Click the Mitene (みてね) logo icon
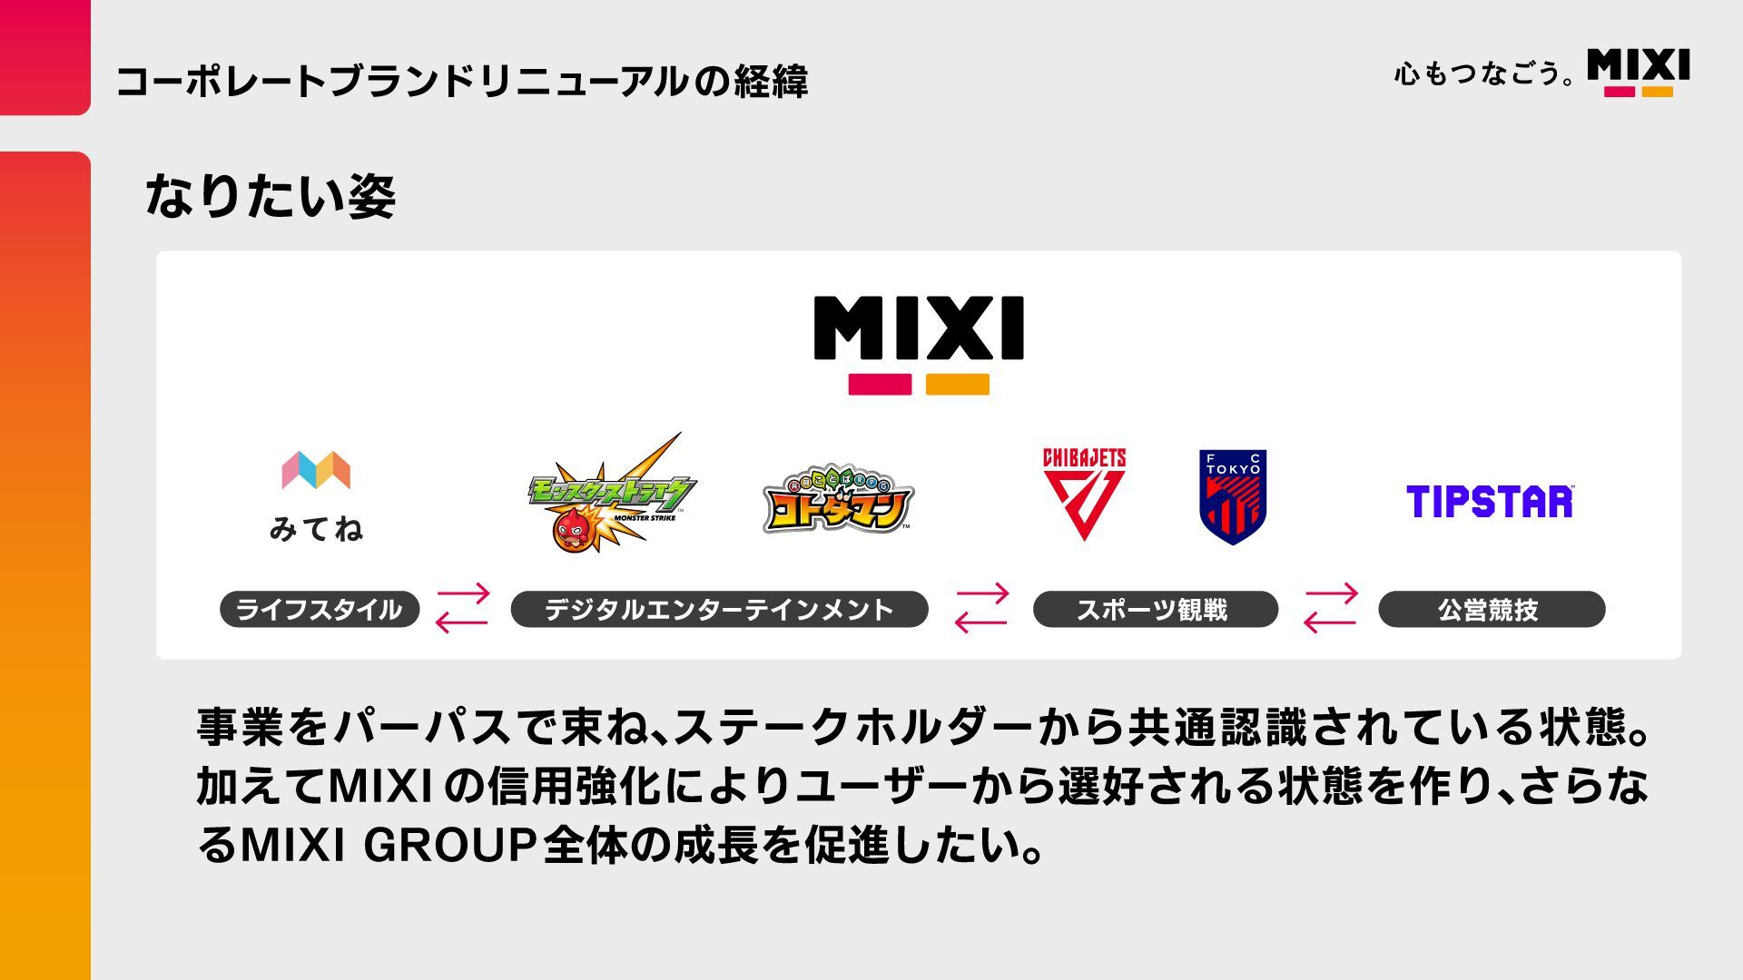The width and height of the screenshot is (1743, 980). [x=316, y=470]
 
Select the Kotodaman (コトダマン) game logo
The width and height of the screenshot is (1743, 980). [x=837, y=501]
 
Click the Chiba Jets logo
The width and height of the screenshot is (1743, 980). [x=1084, y=493]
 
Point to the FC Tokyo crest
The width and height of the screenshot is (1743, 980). [x=1233, y=497]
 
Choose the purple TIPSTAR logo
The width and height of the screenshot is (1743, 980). [x=1490, y=502]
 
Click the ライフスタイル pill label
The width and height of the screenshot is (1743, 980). [x=320, y=609]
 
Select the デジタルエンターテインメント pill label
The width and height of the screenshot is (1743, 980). [x=719, y=609]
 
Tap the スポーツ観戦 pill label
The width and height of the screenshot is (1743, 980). [x=1155, y=609]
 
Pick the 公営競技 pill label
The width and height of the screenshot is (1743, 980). [x=1491, y=609]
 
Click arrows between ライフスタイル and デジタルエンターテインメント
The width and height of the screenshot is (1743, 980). [x=463, y=608]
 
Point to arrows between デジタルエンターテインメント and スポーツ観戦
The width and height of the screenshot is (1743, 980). [x=981, y=608]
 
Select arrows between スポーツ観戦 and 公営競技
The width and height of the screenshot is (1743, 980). [x=1330, y=608]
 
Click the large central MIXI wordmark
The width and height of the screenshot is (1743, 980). [x=919, y=328]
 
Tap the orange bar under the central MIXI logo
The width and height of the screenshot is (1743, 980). [x=958, y=385]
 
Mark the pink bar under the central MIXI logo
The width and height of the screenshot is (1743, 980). [x=880, y=385]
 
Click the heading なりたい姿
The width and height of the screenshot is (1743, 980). [x=271, y=196]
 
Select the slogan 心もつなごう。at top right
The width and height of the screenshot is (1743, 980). [x=1484, y=73]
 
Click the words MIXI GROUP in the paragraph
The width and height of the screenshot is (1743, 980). [x=387, y=845]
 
